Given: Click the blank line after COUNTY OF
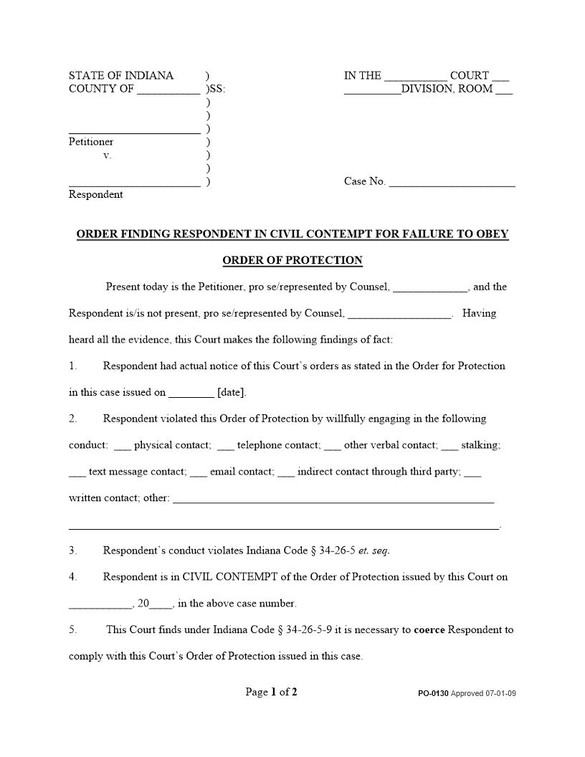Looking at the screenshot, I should click(168, 90).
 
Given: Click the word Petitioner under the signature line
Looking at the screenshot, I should click(91, 142).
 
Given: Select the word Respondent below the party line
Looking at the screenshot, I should click(95, 194).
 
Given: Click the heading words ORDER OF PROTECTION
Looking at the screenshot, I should click(292, 260).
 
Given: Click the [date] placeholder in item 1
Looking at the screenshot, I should click(232, 393).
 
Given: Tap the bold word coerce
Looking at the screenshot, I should click(429, 630).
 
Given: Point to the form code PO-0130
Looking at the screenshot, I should click(434, 694).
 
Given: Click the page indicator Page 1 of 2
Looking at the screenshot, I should click(271, 692).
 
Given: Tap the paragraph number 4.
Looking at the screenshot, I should click(72, 577).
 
